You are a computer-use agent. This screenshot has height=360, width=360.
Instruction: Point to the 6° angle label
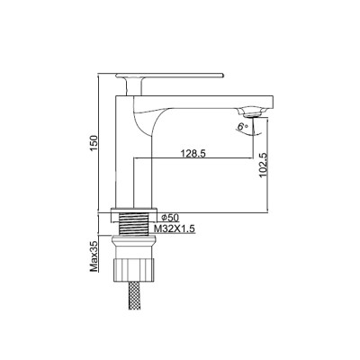[x=241, y=129]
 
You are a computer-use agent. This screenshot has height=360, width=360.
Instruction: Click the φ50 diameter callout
[x=170, y=217]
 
